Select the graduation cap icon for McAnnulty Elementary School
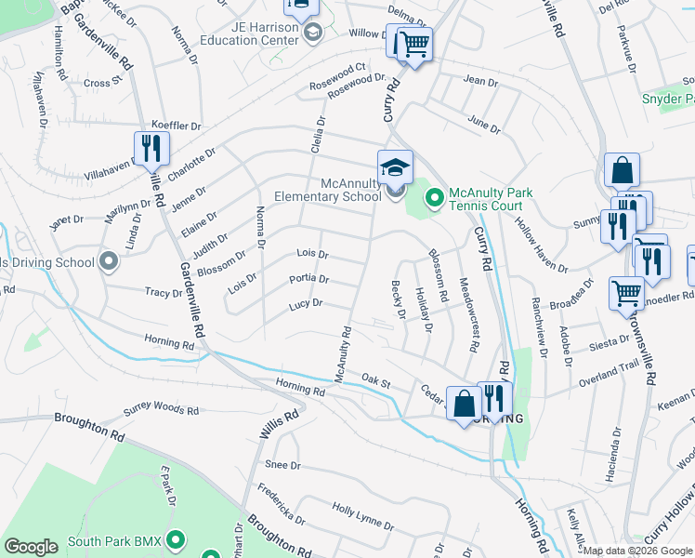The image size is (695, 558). coord(395,167)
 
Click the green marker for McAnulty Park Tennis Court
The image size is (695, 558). coord(433,196)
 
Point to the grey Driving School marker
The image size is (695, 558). coord(109,261)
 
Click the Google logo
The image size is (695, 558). coord(31,547)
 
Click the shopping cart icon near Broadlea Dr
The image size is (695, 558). coord(626,293)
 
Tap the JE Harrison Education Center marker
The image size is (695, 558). coord(313,33)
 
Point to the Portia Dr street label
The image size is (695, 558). coord(308,279)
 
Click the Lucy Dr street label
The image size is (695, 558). coord(305,303)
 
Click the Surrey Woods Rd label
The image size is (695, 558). coord(162,410)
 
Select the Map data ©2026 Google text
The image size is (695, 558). coord(637,551)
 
